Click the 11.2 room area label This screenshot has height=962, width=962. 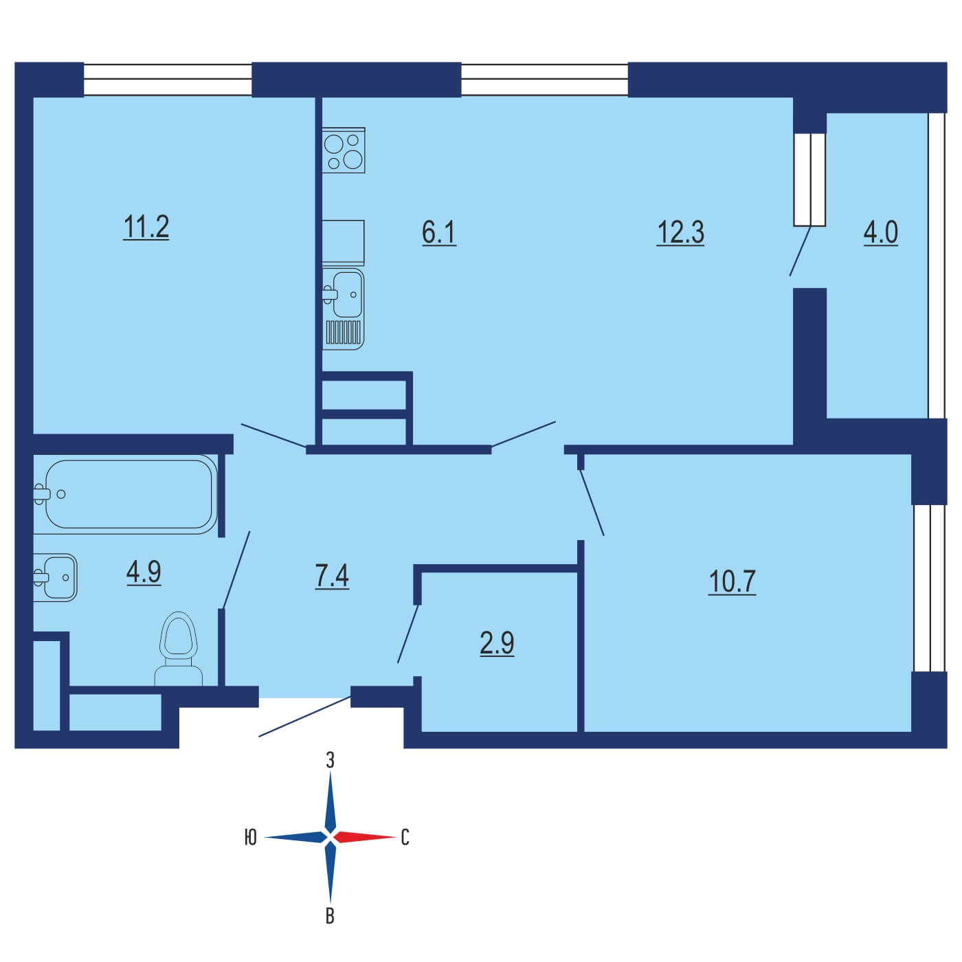(x=146, y=227)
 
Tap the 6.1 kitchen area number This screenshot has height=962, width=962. (x=439, y=233)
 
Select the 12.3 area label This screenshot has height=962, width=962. (x=680, y=233)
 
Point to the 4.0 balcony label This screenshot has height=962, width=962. (x=881, y=233)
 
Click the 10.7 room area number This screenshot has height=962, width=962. (x=732, y=582)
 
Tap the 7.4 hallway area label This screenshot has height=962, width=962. (x=331, y=577)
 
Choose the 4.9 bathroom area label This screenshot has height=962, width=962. (x=144, y=572)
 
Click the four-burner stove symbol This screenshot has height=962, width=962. (x=344, y=150)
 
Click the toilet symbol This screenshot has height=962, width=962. (x=178, y=649)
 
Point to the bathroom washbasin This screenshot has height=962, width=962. (x=55, y=578)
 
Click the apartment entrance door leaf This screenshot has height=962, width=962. (x=304, y=716)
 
